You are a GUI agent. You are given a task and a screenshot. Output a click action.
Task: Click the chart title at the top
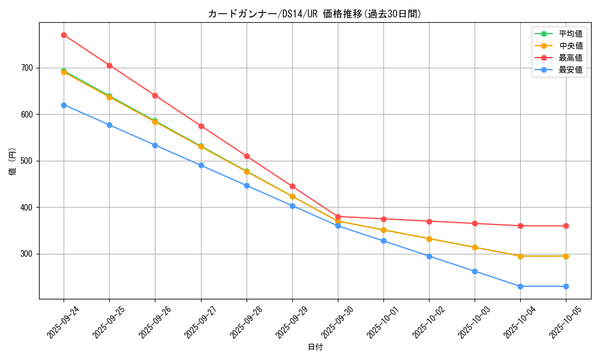click(314, 14)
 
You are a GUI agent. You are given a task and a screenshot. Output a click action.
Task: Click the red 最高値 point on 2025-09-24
click(64, 35)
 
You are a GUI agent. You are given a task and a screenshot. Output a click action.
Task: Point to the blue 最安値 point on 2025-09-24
click(64, 105)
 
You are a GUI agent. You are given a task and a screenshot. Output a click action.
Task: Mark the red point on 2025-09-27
click(201, 126)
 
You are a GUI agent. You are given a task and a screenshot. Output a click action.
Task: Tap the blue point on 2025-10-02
click(429, 256)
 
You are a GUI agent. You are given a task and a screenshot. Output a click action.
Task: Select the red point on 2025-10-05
click(566, 226)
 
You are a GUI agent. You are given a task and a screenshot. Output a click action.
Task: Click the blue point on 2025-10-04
click(520, 286)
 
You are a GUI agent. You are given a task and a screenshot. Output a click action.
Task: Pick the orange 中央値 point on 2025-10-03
click(475, 247)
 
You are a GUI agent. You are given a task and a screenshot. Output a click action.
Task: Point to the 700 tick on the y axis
click(28, 68)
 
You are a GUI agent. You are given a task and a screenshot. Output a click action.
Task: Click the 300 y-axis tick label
click(28, 254)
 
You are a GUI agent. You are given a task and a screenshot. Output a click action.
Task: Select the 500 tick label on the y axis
click(28, 161)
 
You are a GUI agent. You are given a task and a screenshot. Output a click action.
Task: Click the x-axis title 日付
click(315, 347)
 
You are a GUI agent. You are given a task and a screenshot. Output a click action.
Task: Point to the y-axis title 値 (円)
click(13, 161)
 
